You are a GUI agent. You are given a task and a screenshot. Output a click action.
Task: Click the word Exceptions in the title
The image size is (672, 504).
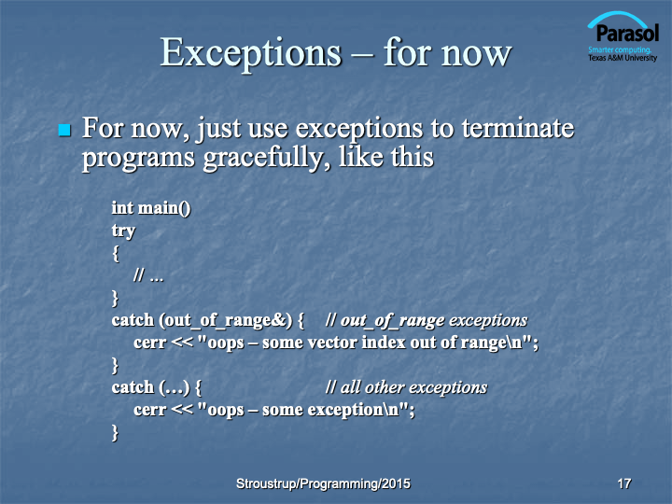pos(251,53)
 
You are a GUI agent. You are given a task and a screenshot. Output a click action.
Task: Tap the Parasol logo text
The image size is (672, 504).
pos(627,33)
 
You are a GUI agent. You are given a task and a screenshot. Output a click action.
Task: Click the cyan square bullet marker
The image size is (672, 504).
pos(64,130)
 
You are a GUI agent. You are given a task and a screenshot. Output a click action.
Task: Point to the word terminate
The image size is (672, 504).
pos(518,128)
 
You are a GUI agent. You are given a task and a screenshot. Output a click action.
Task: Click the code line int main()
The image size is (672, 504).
pos(151,208)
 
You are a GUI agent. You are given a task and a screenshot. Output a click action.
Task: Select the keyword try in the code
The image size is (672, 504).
pos(123,231)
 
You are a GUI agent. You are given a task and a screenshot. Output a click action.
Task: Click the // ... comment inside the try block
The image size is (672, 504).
pos(148,275)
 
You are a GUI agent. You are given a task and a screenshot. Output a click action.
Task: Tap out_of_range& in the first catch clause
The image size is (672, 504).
pos(225,320)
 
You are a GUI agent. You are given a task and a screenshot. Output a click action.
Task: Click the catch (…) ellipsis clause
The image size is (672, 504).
pos(157,388)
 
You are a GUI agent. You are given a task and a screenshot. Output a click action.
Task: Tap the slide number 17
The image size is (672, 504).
pos(624,483)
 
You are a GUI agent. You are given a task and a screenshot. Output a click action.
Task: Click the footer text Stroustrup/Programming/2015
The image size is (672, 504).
pos(323,483)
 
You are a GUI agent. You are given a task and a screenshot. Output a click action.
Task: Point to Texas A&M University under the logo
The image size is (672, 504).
pos(623,58)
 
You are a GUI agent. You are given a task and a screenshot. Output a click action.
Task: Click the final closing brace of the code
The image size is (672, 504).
pos(115,432)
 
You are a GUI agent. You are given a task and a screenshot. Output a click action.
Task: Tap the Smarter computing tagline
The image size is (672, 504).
pos(620,49)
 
